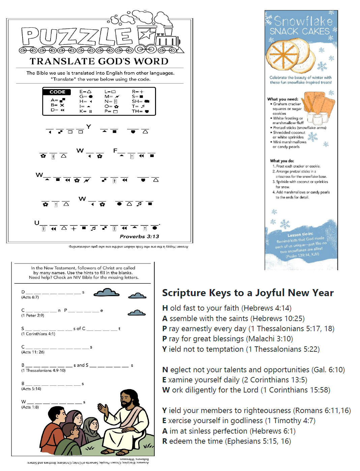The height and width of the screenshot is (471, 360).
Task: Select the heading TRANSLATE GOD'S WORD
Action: [99, 61]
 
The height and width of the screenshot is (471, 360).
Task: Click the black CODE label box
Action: [57, 92]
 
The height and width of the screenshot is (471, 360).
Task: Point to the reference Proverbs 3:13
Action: [139, 237]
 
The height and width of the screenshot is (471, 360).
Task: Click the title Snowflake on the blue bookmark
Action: [303, 21]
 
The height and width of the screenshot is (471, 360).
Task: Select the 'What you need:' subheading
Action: [282, 99]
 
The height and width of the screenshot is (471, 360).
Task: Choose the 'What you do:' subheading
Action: [282, 161]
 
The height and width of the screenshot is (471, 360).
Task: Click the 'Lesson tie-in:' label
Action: [300, 234]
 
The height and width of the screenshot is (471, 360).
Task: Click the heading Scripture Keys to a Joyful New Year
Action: [248, 293]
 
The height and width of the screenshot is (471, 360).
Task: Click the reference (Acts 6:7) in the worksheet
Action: [30, 297]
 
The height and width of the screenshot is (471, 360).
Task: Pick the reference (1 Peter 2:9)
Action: [32, 315]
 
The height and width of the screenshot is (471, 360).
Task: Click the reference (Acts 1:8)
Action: [30, 407]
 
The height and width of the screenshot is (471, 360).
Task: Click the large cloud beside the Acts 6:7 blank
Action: [107, 292]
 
